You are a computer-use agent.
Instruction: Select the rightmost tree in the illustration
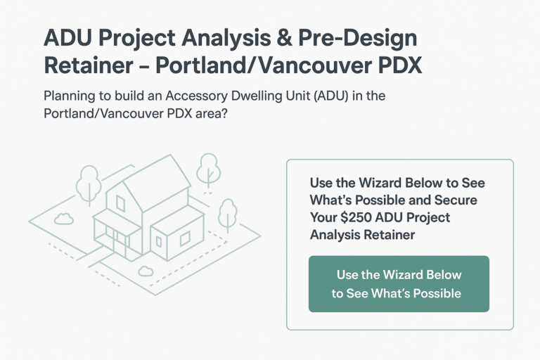coord(227,212)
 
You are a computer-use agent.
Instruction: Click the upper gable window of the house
coord(120,204)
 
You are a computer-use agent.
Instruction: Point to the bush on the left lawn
coord(63,219)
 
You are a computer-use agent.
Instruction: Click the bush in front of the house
coord(146,270)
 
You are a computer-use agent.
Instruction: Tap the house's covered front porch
coord(112,236)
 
